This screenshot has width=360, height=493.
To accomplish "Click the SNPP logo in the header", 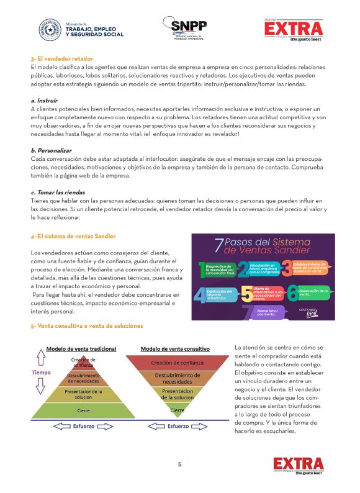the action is pyautogui.click(x=189, y=28).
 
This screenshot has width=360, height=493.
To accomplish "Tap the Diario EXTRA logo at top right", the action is pyautogui.click(x=294, y=29).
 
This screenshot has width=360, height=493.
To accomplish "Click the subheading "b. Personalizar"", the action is pyautogui.click(x=51, y=150).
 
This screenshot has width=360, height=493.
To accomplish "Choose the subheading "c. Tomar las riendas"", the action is pyautogui.click(x=59, y=192).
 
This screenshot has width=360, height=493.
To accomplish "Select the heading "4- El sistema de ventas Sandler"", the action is pyautogui.click(x=73, y=236).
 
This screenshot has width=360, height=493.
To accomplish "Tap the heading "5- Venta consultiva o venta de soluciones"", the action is pyautogui.click(x=87, y=325).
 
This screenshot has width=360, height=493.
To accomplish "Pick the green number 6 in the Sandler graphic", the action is pyautogui.click(x=292, y=292).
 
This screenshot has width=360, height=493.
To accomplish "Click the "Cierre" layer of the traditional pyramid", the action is pyautogui.click(x=83, y=411).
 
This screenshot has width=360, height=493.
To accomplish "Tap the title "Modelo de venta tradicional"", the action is pyautogui.click(x=82, y=349).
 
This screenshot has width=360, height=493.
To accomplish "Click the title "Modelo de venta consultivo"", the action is pyautogui.click(x=175, y=349).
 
